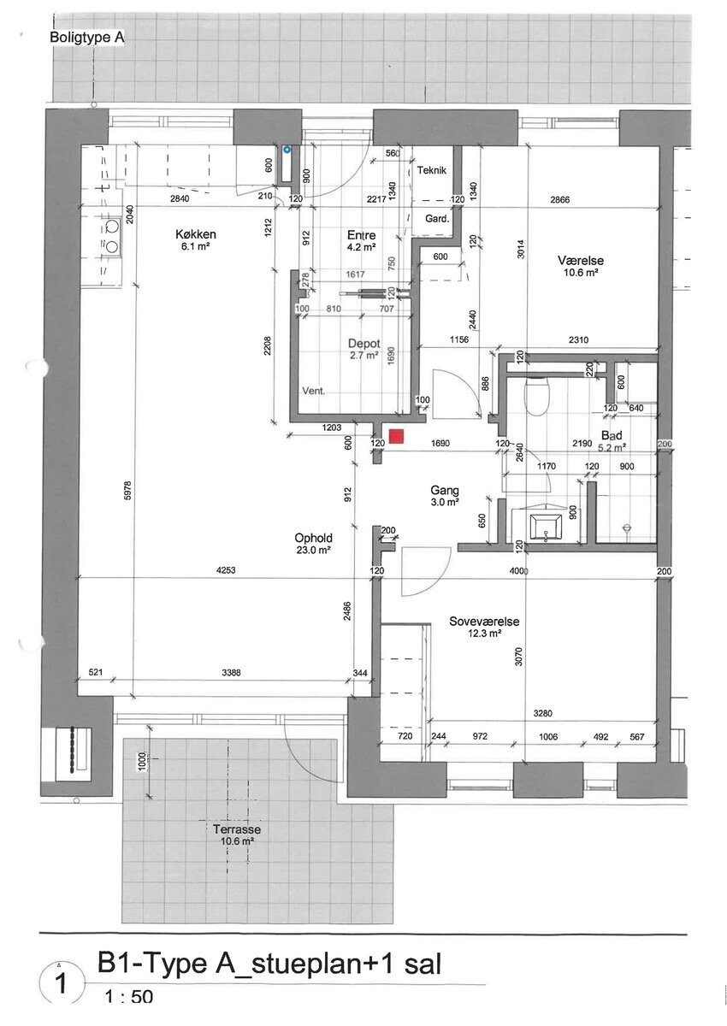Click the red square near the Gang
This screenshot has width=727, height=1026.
396,437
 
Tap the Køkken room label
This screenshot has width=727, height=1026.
196,234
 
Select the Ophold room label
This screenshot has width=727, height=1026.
313,538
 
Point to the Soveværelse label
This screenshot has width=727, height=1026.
484,622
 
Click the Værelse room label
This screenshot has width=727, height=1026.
581,261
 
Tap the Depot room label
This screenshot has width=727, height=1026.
364,344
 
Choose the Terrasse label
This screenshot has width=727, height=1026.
237,829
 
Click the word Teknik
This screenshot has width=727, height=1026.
432,170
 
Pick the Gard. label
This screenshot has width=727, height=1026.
437,219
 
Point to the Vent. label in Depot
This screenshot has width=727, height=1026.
313,392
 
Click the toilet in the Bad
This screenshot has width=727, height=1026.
536,396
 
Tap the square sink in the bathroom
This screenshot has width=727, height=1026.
546,527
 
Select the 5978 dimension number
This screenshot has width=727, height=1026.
127,490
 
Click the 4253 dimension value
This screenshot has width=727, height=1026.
226,570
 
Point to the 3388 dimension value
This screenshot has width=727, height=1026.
231,672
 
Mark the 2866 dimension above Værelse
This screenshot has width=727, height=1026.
560,200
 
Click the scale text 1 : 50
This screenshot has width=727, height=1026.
129,1009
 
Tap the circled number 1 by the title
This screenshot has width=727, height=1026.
61,983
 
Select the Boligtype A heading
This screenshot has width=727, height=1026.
86,37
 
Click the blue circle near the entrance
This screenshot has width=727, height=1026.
287,149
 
